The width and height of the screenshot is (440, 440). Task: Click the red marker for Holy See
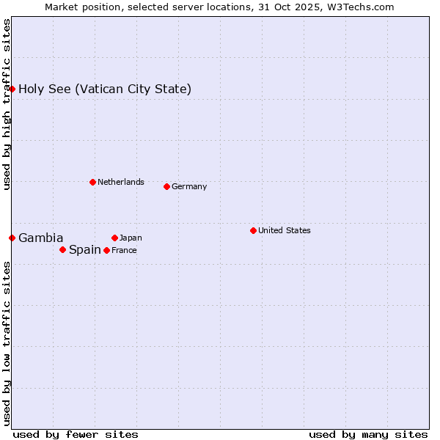coord(12,89)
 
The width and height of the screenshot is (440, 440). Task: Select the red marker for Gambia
coord(12,238)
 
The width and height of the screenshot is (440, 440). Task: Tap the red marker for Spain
coord(62,249)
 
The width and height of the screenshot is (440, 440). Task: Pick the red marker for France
coord(106,250)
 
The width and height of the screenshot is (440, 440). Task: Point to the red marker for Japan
coord(114,238)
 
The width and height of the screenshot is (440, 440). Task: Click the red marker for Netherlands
coord(92,182)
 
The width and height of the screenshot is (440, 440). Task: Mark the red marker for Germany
coord(166,186)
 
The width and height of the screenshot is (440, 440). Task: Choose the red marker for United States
coord(253,230)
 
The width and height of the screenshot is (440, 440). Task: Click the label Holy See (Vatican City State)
coord(105,89)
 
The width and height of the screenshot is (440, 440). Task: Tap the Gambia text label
coord(41,238)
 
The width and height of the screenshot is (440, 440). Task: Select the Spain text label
coord(85,250)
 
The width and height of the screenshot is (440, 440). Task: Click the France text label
coord(124,251)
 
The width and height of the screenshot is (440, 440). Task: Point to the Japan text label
coord(131,238)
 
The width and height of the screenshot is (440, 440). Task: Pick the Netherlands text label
coord(121,183)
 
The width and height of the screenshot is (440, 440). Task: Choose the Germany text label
coord(189,187)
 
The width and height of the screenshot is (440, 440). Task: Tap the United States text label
coord(285,231)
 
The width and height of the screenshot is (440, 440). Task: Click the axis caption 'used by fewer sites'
coord(76,434)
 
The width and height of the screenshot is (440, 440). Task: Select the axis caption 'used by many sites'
coord(368,434)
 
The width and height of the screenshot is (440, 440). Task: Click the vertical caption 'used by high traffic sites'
coord(7,104)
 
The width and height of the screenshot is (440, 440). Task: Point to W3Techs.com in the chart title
coord(360,7)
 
